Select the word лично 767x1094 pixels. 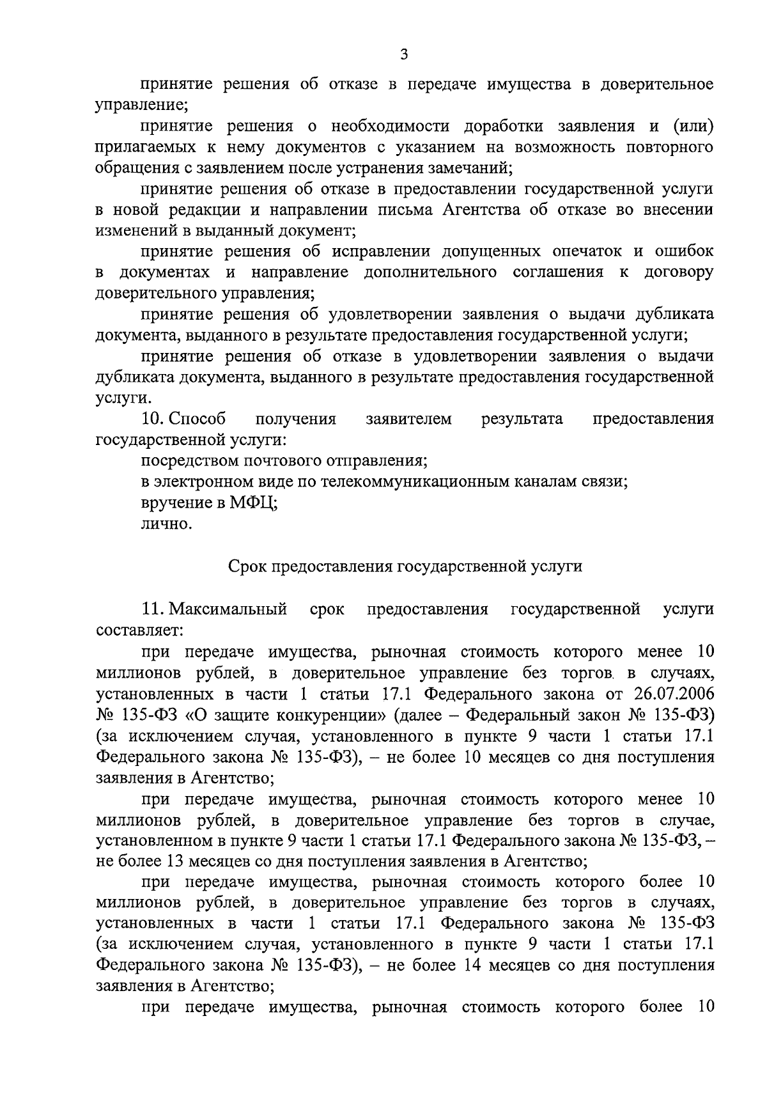tap(166, 524)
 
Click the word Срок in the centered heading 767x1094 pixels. tap(245, 567)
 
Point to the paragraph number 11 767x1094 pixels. tap(153, 609)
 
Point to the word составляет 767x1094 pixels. tap(139, 630)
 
